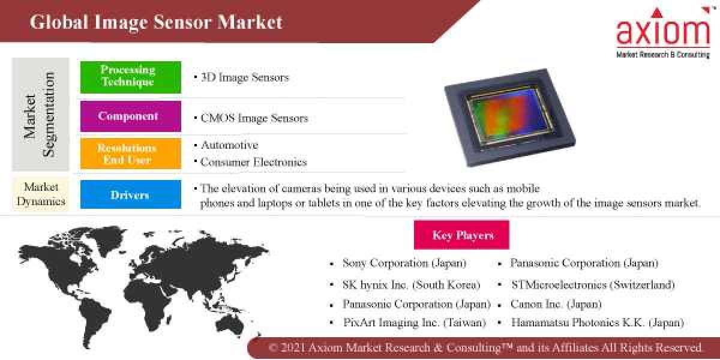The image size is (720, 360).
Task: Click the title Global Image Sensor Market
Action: click(156, 22)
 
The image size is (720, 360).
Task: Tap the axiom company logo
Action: click(662, 33)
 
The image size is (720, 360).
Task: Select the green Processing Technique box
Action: click(130, 77)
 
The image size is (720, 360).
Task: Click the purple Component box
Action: click(130, 116)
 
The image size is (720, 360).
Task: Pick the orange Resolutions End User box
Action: click(130, 154)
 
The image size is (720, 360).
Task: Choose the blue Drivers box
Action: click(130, 195)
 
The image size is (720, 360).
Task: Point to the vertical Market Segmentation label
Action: click(40, 114)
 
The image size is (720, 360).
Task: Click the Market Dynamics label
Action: click(41, 194)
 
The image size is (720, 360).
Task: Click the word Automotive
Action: click(229, 145)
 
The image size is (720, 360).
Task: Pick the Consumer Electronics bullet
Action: click(253, 162)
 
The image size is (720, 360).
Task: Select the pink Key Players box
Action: click(461, 235)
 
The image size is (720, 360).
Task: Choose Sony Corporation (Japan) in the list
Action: click(404, 263)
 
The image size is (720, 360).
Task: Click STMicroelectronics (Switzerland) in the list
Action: click(592, 284)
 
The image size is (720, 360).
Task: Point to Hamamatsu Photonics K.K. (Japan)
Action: click(597, 322)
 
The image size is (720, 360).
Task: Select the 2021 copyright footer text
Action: click(485, 348)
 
